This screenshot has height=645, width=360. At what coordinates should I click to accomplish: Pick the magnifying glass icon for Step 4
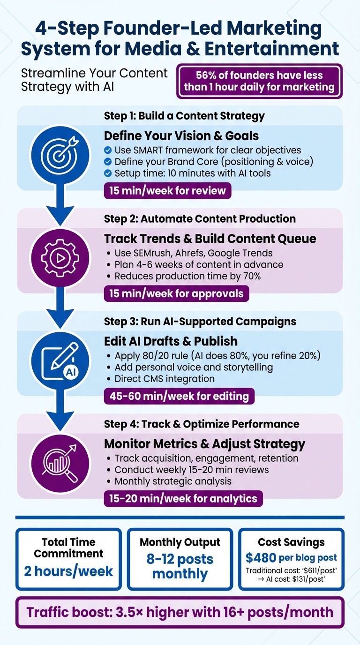[x=60, y=461]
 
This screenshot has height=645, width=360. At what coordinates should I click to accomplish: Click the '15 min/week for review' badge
[x=167, y=191]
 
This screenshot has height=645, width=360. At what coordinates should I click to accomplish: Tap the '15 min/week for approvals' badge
[x=176, y=293]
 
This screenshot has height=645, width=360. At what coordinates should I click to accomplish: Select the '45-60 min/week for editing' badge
[x=179, y=396]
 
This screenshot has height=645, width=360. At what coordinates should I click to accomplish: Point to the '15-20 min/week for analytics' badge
[x=183, y=499]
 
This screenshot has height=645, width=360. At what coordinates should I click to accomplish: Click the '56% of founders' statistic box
[x=259, y=81]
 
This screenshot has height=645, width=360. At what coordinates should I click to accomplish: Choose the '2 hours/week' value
[x=68, y=571]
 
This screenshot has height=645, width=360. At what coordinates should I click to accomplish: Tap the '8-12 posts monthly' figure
[x=180, y=566]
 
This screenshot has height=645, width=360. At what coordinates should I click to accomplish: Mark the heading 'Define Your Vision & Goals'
[x=181, y=136]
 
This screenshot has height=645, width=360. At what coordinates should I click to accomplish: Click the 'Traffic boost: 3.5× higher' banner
[x=180, y=612]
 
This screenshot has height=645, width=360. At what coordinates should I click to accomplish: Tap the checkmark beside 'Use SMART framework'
[x=108, y=150]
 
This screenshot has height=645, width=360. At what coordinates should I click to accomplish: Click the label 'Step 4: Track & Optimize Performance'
[x=202, y=424]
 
